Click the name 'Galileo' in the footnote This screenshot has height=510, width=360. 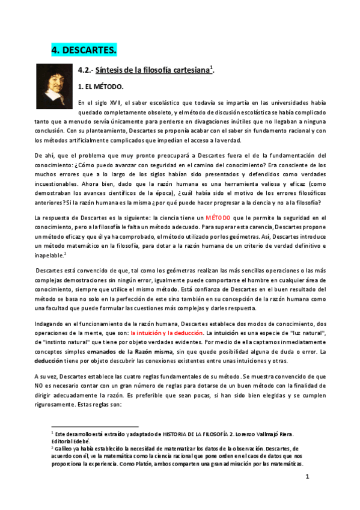(64, 449)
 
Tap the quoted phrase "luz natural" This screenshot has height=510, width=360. (310, 332)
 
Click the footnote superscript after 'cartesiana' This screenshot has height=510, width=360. (211, 67)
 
